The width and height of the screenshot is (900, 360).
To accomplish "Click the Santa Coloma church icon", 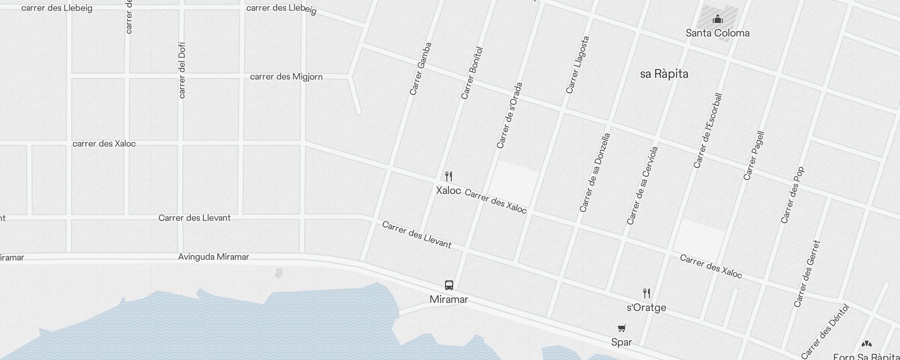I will (718, 19).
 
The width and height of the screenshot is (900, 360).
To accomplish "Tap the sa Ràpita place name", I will (664, 74).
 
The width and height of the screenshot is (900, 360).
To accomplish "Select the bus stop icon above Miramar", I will (449, 285).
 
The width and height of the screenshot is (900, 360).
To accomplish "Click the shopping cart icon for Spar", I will (621, 328).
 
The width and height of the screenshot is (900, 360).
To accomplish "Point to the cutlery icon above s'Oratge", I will (647, 293).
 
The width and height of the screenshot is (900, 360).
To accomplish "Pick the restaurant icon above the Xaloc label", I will (449, 176).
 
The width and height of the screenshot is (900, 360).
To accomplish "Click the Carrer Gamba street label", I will (421, 68).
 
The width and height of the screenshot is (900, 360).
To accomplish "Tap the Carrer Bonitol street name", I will (472, 73).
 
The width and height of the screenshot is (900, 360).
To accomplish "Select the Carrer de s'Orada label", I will (509, 115).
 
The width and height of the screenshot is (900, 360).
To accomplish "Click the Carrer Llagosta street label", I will (578, 65).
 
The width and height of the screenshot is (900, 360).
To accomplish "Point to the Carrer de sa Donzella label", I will (595, 172).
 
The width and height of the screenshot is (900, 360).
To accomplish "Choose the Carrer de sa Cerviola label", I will (643, 185).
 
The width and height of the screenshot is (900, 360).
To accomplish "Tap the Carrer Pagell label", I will (754, 155).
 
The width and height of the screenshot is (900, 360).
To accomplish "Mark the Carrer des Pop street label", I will (792, 195).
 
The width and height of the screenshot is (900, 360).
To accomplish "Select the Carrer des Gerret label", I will (807, 274).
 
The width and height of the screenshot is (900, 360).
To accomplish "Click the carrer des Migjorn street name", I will (286, 76).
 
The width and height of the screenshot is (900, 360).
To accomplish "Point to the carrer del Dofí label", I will (182, 70).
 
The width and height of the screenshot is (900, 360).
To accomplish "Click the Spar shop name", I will (621, 342).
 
